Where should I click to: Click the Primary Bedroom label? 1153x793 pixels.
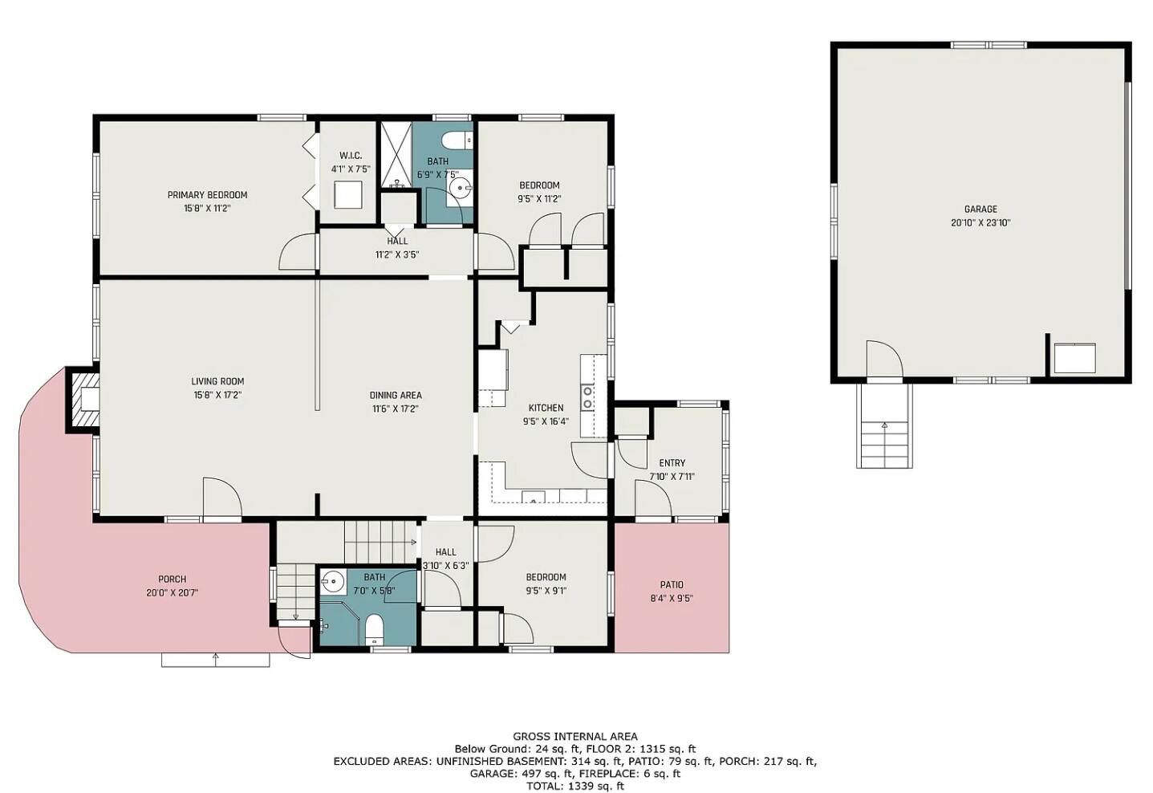tap(207, 195)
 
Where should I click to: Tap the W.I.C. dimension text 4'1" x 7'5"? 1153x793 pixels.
tap(351, 169)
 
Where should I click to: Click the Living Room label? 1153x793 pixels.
tap(217, 382)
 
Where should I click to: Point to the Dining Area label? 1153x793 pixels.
tap(396, 395)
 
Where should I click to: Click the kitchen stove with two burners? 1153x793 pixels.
tap(588, 397)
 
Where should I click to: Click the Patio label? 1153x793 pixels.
tap(672, 585)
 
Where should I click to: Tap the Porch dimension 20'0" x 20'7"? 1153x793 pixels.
tap(172, 592)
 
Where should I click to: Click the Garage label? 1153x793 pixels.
tap(980, 209)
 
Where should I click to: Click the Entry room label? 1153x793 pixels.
tap(672, 463)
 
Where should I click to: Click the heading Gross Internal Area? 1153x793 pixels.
tap(575, 736)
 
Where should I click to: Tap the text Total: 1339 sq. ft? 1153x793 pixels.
tap(575, 786)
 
